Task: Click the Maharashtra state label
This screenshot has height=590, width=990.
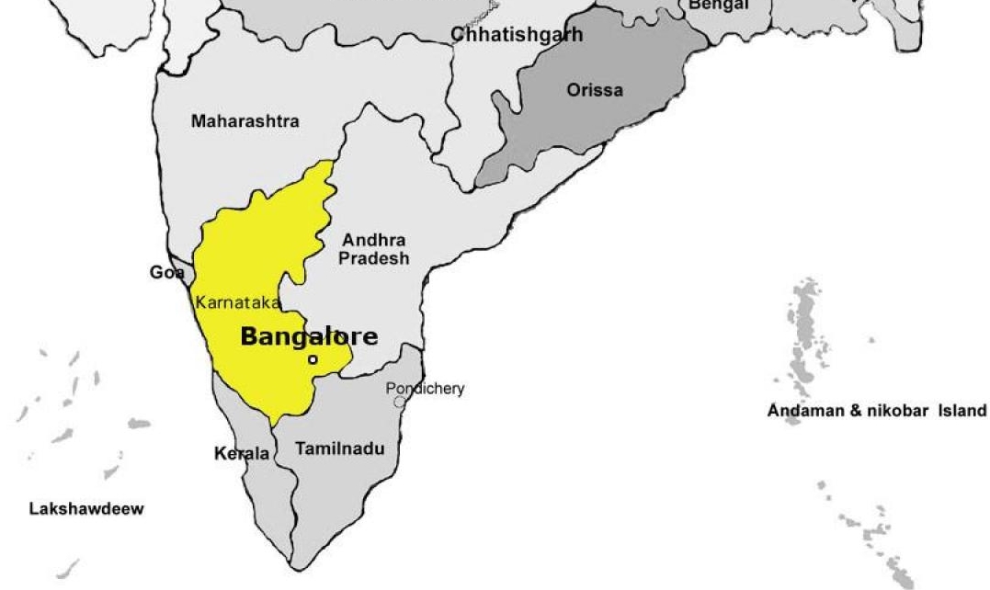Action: [x=245, y=121]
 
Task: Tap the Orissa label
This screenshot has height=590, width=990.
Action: [x=594, y=90]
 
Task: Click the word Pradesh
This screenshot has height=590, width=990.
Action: [x=373, y=258]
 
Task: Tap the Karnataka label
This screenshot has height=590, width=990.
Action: [x=238, y=302]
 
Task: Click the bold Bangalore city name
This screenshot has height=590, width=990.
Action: [x=309, y=336]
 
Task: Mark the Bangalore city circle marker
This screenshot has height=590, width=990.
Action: [x=313, y=359]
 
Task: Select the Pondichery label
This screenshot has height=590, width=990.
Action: [x=425, y=388]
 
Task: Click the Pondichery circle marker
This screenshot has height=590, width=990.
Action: [x=399, y=402]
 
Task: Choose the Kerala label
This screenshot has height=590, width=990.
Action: [x=241, y=454]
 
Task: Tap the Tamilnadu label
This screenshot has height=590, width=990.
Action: [x=340, y=449]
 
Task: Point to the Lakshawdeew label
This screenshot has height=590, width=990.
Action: [x=86, y=509]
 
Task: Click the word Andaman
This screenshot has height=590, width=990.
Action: [x=802, y=411]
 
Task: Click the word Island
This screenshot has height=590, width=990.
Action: [x=962, y=411]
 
